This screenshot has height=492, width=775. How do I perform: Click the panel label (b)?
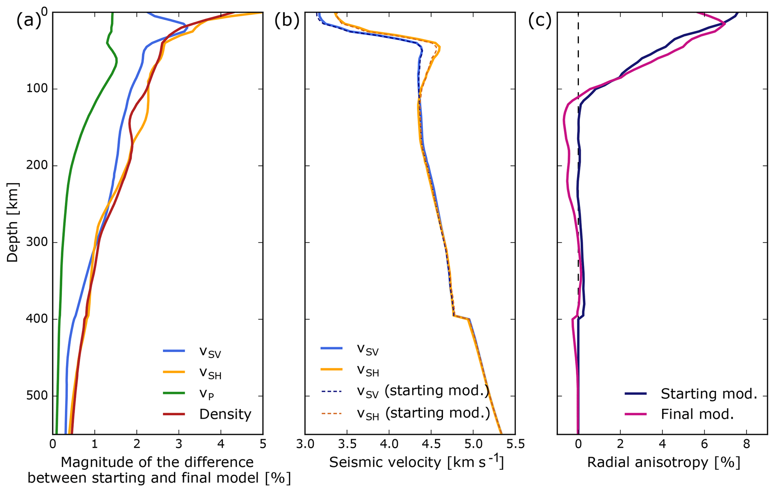pos(287,21)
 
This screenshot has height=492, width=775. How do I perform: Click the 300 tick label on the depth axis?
pos(37,243)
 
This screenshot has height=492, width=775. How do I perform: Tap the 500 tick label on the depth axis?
pos(37,396)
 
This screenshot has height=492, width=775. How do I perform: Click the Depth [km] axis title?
pos(12,223)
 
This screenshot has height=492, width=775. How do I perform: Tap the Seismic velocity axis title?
pos(416,462)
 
